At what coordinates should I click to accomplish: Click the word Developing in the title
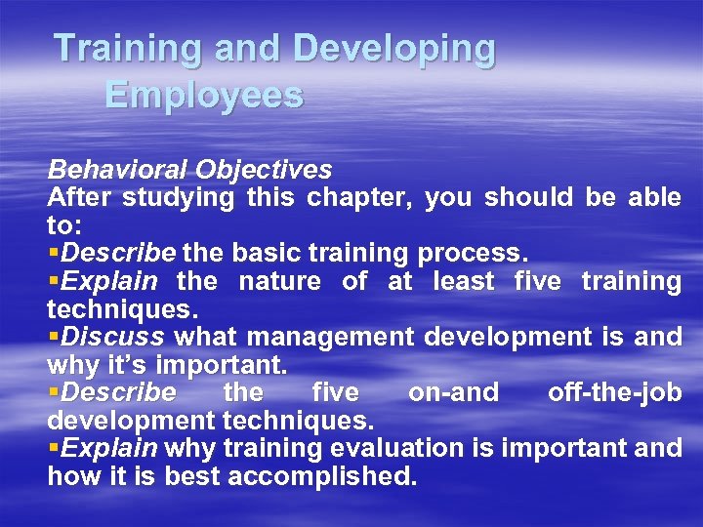click(x=394, y=49)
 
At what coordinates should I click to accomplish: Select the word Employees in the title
click(x=204, y=95)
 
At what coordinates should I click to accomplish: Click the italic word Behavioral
click(x=117, y=170)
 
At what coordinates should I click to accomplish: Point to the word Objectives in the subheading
click(x=264, y=170)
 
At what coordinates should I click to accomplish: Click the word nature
click(x=279, y=282)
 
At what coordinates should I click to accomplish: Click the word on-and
click(x=453, y=393)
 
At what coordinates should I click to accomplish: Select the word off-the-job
click(x=614, y=393)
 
